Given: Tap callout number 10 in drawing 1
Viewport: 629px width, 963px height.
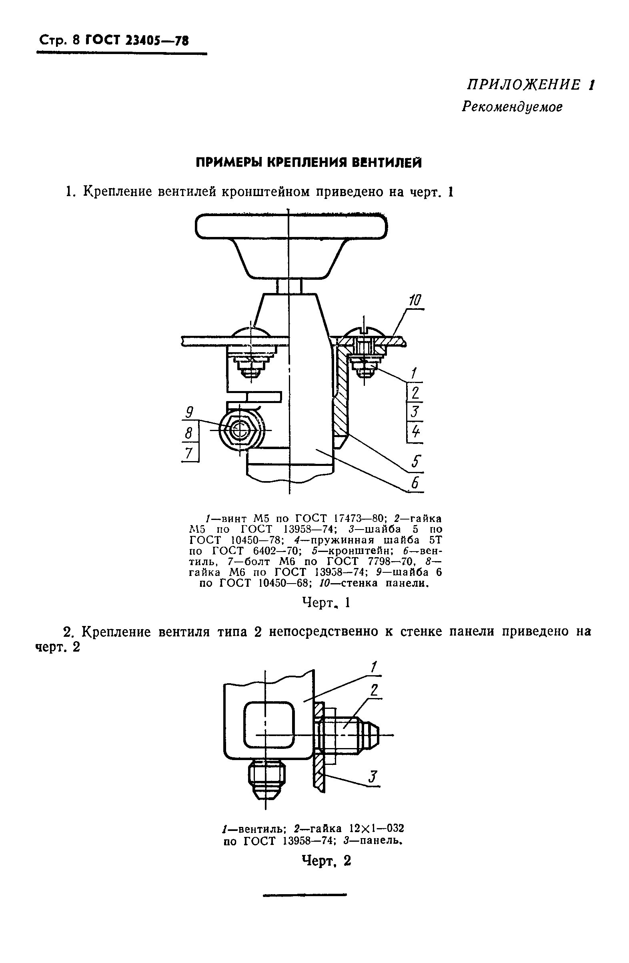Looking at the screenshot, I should (x=415, y=301).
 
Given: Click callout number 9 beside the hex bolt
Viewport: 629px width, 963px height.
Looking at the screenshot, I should (x=189, y=413).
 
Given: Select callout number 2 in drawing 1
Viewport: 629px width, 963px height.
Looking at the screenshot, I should (x=415, y=393).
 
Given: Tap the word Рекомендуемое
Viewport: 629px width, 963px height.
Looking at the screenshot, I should (x=512, y=106).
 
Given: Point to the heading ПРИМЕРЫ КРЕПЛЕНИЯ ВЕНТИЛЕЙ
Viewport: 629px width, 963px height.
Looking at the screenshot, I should (x=308, y=163).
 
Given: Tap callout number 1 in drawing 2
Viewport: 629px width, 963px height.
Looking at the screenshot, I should (x=374, y=666).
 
